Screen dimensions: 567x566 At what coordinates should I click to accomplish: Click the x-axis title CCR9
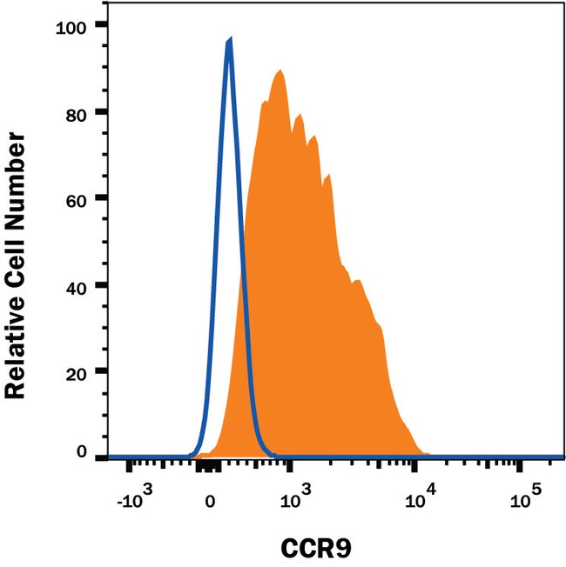pyautogui.click(x=315, y=550)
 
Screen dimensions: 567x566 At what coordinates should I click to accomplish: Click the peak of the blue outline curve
pyautogui.click(x=229, y=39)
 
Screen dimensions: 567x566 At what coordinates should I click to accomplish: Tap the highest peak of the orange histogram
pyautogui.click(x=280, y=70)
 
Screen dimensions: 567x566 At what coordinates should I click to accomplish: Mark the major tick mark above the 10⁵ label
pyautogui.click(x=520, y=468)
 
